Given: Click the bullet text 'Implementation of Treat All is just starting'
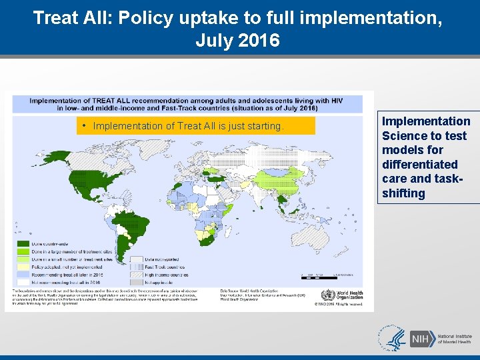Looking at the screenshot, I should (189, 126).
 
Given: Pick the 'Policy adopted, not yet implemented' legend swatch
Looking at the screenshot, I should (23, 266).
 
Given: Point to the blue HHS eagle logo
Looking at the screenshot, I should (391, 337).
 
